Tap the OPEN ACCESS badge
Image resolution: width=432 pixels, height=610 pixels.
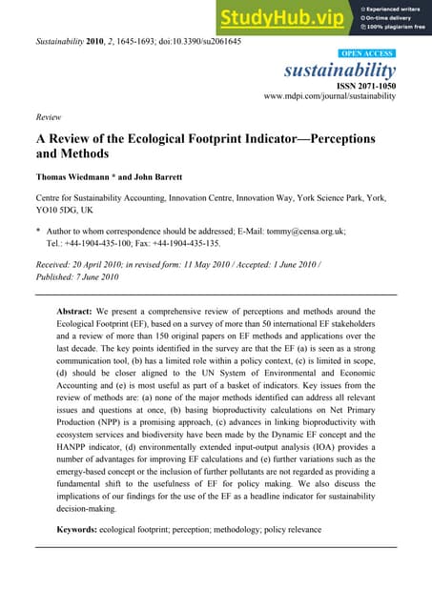pyautogui.click(x=368, y=54)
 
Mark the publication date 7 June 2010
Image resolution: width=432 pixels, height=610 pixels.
pyautogui.click(x=98, y=277)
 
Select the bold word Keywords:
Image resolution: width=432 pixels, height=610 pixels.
pyautogui.click(x=82, y=528)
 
